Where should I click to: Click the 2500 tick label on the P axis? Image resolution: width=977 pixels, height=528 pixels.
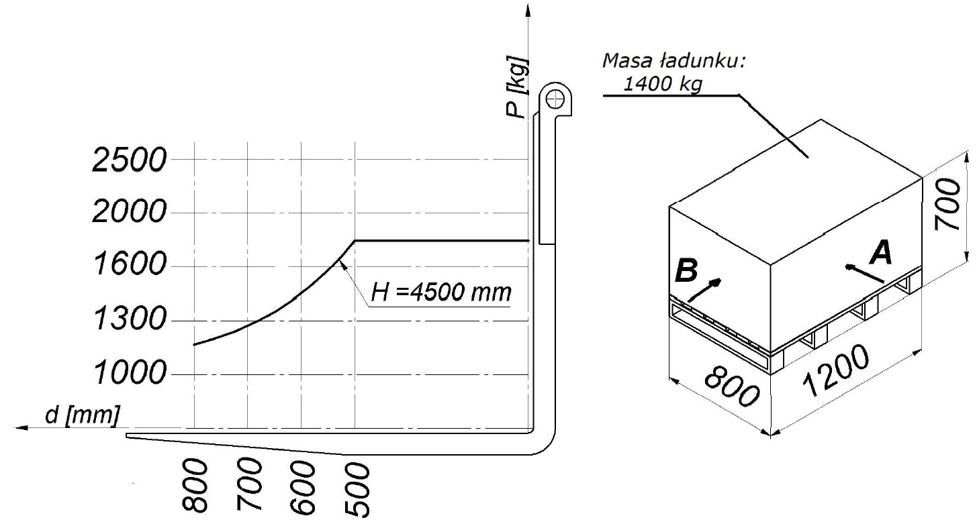point(130,160)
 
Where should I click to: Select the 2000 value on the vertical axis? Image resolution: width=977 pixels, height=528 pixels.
point(130,212)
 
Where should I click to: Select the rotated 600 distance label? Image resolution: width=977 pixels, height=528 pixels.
point(303,488)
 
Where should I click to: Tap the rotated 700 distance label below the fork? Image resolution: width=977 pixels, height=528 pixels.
point(249,484)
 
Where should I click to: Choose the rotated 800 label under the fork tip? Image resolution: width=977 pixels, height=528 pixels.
point(195,486)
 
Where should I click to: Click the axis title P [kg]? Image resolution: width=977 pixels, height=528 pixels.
point(518,87)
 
